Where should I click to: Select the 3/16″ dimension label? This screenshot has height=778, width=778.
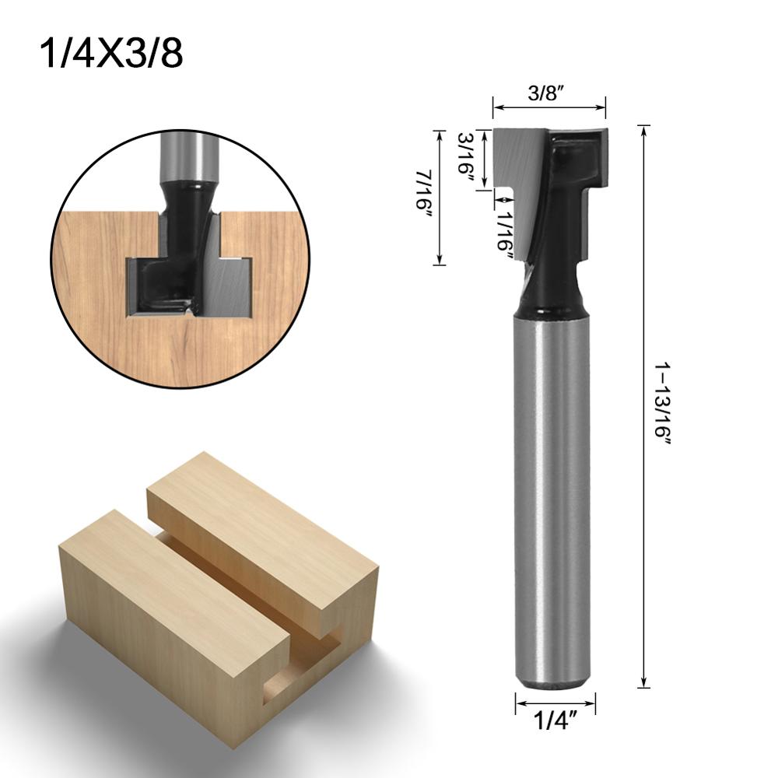[x=464, y=156]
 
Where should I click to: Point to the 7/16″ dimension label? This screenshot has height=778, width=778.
[x=423, y=196]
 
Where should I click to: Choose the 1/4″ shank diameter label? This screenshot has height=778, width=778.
[x=555, y=724]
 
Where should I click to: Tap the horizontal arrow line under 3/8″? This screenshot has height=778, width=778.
[x=548, y=108]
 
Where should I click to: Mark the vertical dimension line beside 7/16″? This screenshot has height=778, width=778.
[x=440, y=196]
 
